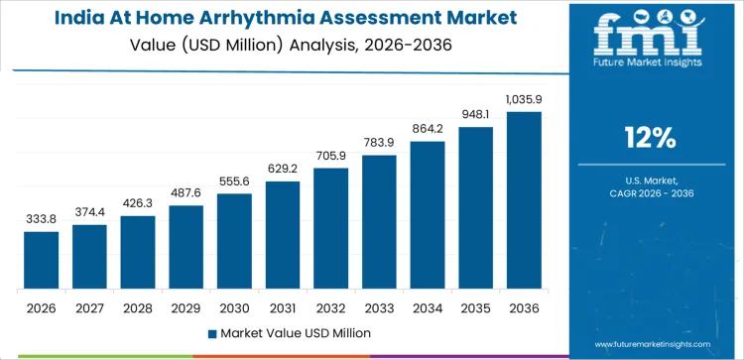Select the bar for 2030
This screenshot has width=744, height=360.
[234, 241]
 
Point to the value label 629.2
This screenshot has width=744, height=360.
[283, 170]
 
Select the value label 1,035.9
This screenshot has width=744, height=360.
[524, 100]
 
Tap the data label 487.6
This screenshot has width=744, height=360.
[186, 193]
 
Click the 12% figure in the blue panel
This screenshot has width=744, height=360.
[652, 137]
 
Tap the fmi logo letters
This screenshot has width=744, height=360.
[652, 37]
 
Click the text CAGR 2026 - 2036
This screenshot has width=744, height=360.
[652, 193]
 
